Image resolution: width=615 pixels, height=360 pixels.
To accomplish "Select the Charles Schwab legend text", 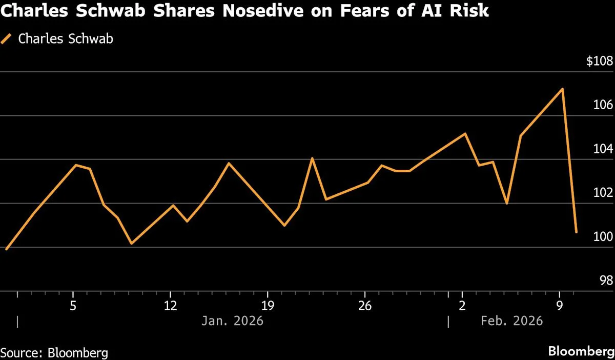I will click(x=66, y=38).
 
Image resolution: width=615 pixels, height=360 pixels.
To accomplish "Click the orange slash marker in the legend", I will click(x=7, y=38).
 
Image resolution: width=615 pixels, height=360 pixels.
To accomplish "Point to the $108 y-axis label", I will click(x=599, y=62).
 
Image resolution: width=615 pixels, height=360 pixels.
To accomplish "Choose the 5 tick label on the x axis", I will click(x=73, y=306).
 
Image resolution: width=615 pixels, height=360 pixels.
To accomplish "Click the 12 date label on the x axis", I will click(x=170, y=306).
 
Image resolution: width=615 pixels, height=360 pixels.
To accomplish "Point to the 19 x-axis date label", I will click(x=267, y=306).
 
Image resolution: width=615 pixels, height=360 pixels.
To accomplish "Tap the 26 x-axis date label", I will click(x=364, y=306).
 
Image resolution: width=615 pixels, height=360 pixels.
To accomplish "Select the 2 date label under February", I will click(x=462, y=306).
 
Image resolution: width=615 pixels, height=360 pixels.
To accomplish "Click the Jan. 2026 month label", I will click(x=232, y=322).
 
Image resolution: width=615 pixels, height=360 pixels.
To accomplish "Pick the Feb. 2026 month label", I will click(x=511, y=322).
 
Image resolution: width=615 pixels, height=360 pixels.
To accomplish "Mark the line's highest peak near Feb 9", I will click(x=563, y=89).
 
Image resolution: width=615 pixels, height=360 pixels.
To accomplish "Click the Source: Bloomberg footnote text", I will click(x=54, y=353).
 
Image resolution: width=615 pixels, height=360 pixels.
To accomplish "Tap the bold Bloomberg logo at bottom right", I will click(x=581, y=352).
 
